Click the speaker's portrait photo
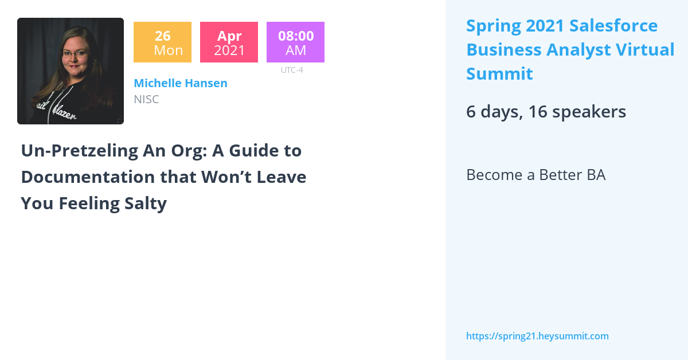(x=70, y=71)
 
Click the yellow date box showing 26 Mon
(x=162, y=42)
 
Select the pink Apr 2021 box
(x=229, y=42)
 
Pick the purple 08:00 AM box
(x=295, y=42)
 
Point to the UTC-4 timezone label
(x=292, y=70)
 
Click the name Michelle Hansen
(x=180, y=83)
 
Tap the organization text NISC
(x=146, y=99)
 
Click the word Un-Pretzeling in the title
(x=76, y=151)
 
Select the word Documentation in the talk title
(x=88, y=177)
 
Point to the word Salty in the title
(x=146, y=203)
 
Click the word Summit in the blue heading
(x=499, y=74)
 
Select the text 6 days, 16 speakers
(x=546, y=112)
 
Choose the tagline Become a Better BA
(x=535, y=175)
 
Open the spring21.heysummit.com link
(x=537, y=336)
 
